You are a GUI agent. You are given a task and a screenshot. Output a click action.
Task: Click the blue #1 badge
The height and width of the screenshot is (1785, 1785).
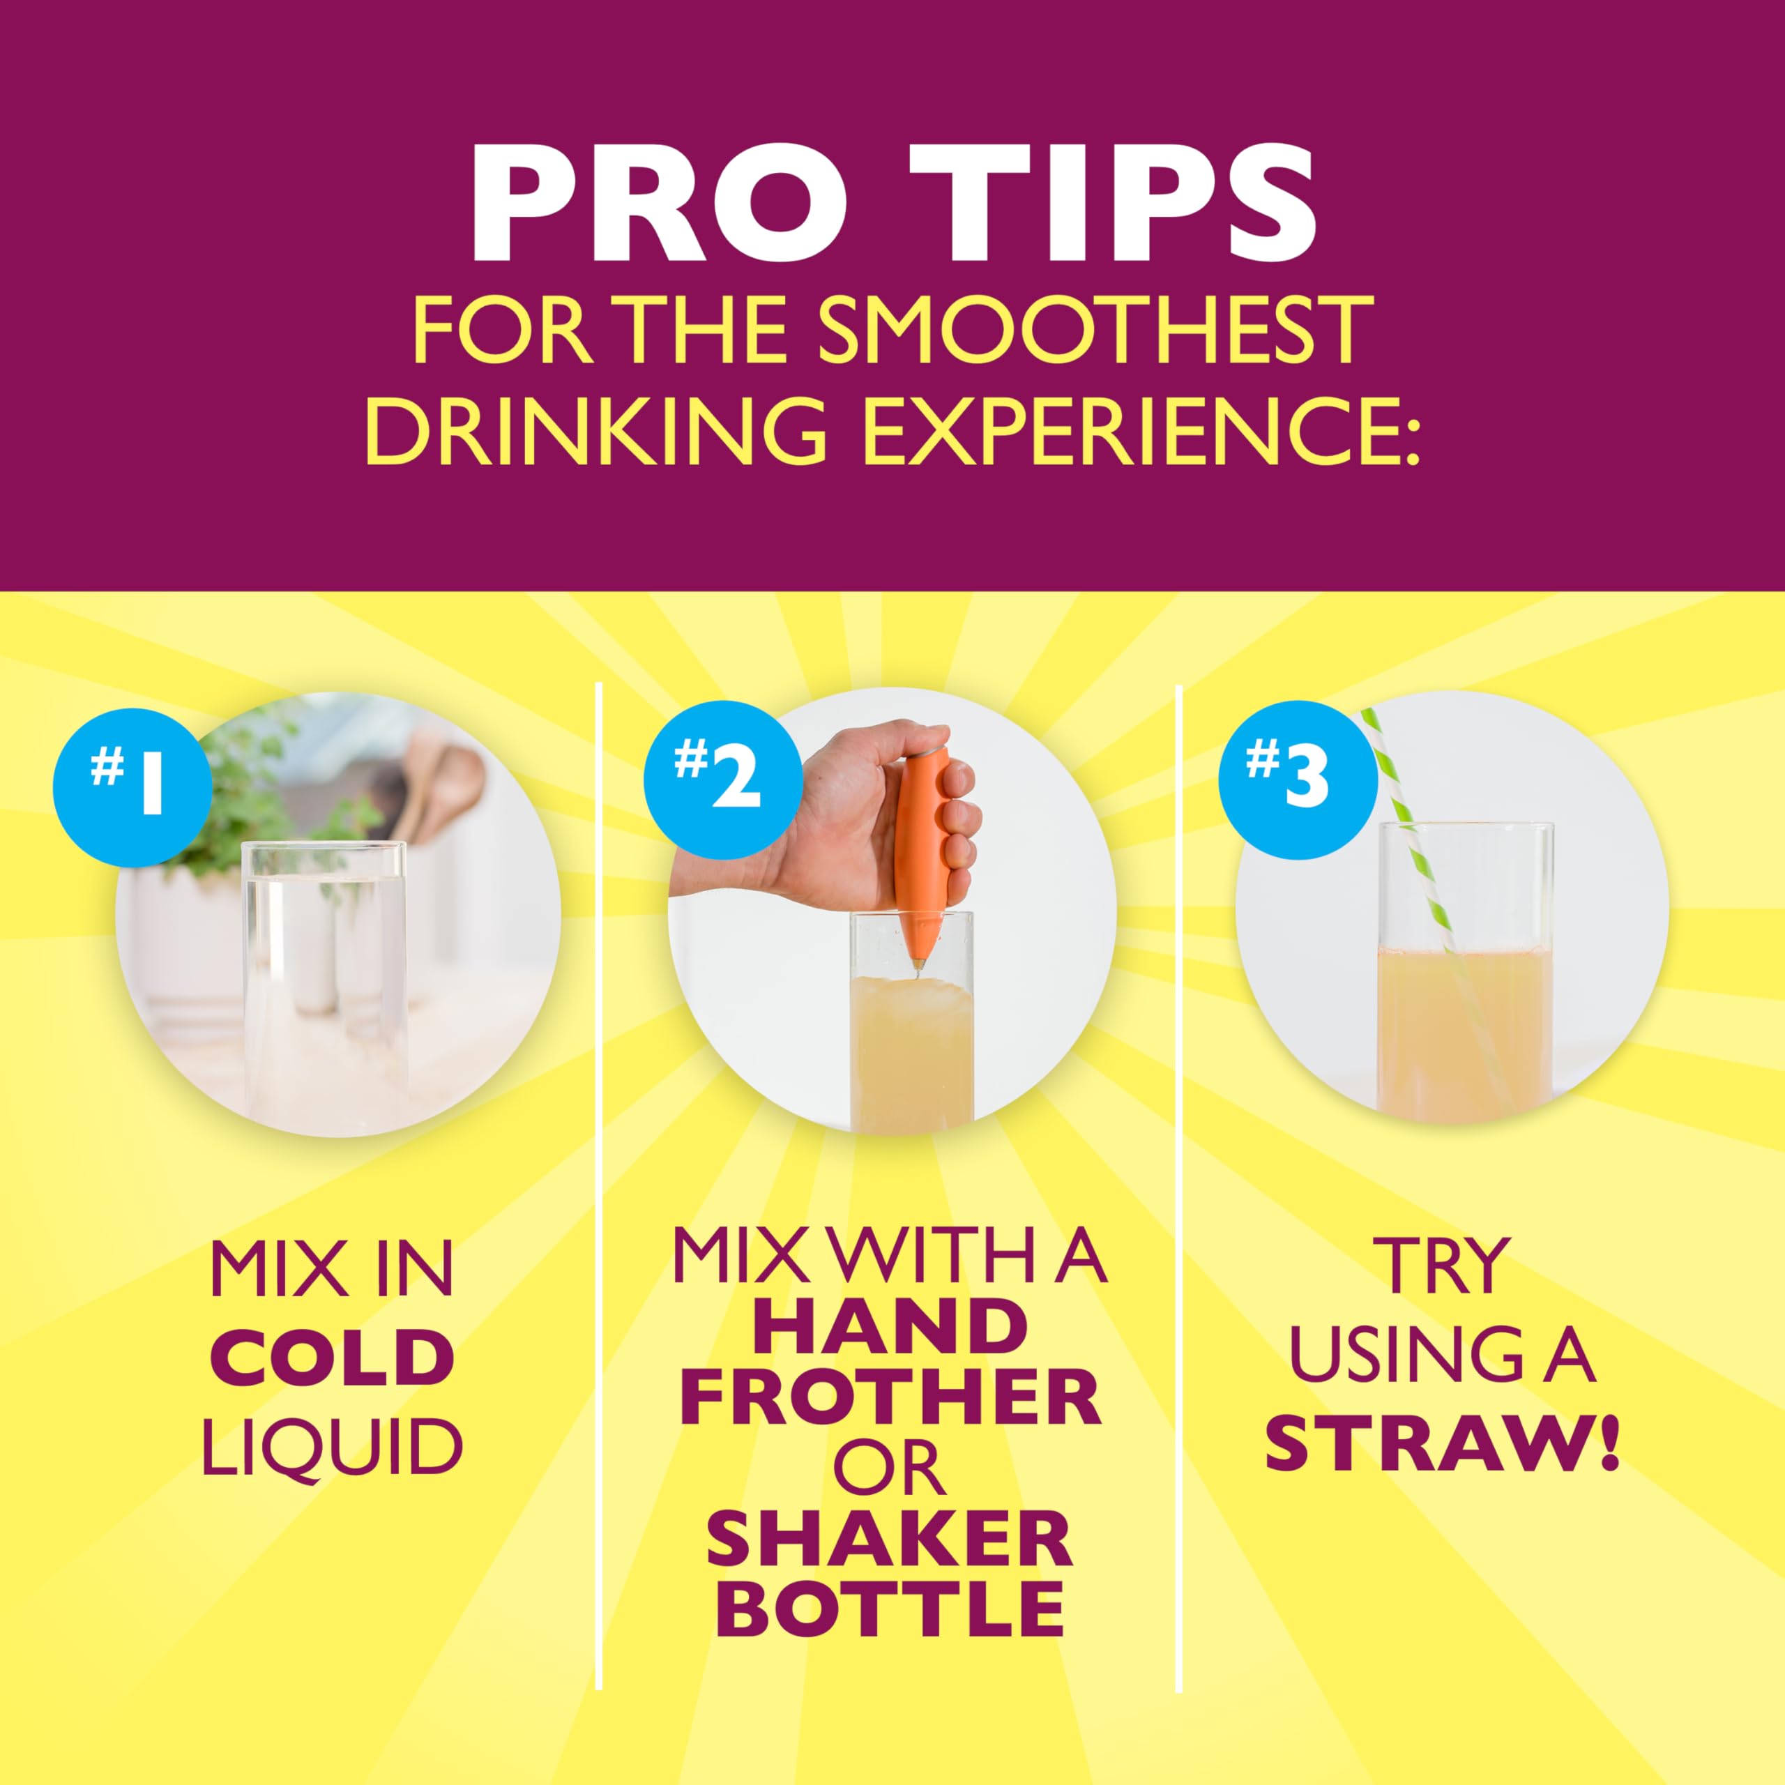[132, 787]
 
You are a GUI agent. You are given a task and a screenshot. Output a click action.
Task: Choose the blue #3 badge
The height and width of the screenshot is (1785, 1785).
[1297, 776]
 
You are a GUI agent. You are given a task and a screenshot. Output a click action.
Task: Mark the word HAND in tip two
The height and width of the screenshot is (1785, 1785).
[890, 1327]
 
